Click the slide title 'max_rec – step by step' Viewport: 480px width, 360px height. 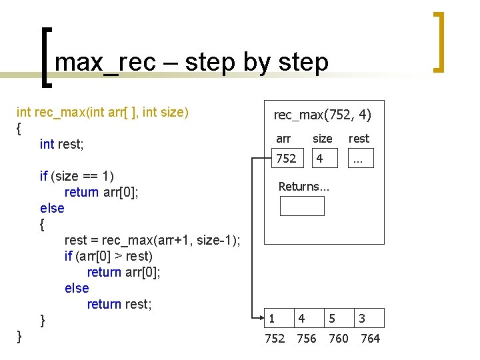[191, 62]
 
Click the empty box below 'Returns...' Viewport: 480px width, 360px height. [302, 206]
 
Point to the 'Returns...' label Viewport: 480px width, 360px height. [303, 187]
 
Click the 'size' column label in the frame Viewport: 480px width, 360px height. [323, 139]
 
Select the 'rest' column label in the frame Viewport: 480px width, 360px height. [359, 139]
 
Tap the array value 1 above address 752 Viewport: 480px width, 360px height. [271, 319]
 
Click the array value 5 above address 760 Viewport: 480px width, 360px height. [331, 319]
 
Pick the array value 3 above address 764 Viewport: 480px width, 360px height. [361, 319]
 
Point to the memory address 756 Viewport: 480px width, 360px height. [306, 339]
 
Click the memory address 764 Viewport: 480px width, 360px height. [370, 339]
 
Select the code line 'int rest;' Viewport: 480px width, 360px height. [61, 144]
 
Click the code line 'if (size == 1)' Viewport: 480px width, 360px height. [77, 176]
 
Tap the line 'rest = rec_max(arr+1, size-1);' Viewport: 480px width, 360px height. [152, 240]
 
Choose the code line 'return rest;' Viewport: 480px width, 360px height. [119, 304]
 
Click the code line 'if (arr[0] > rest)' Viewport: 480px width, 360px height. [109, 256]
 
